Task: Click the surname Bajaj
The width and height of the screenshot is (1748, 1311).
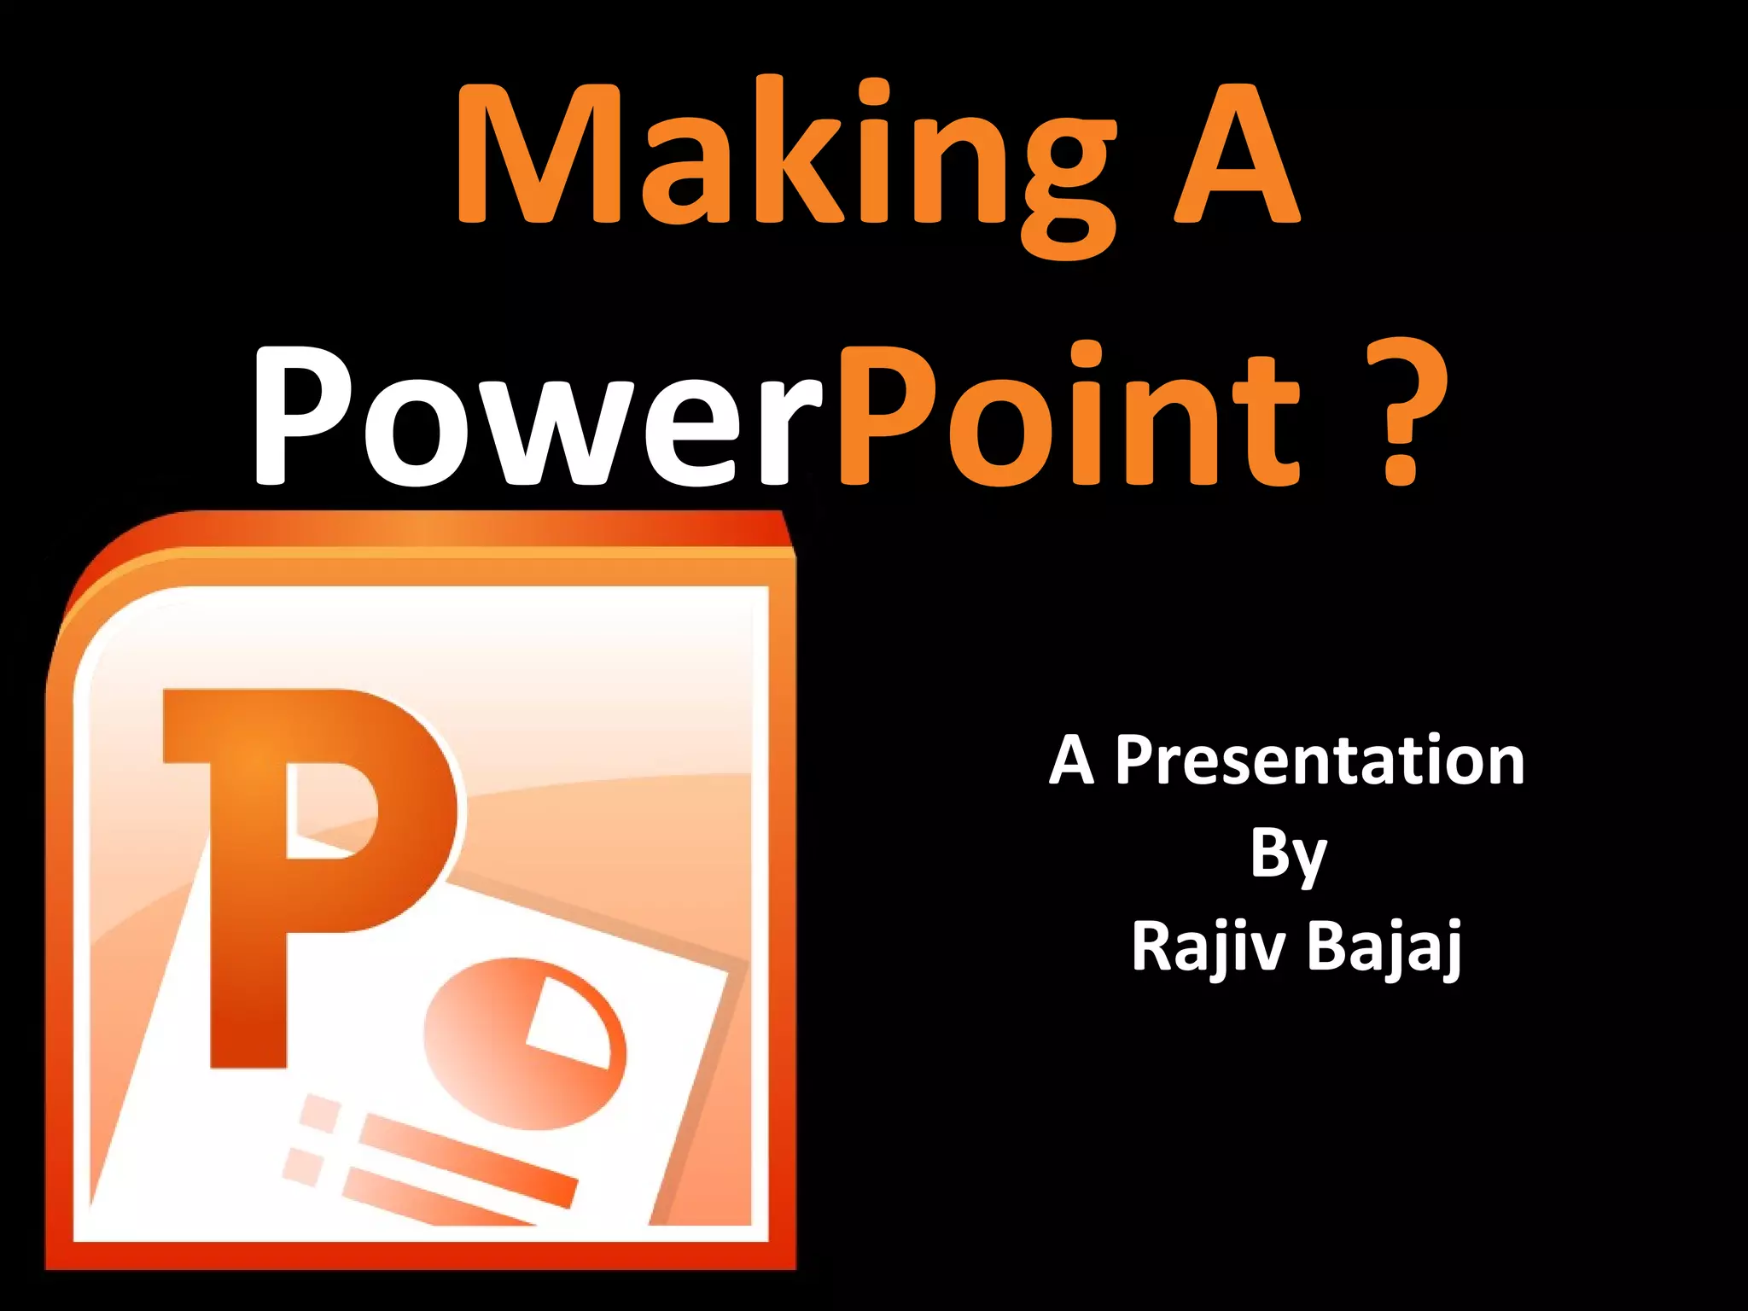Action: [1383, 947]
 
